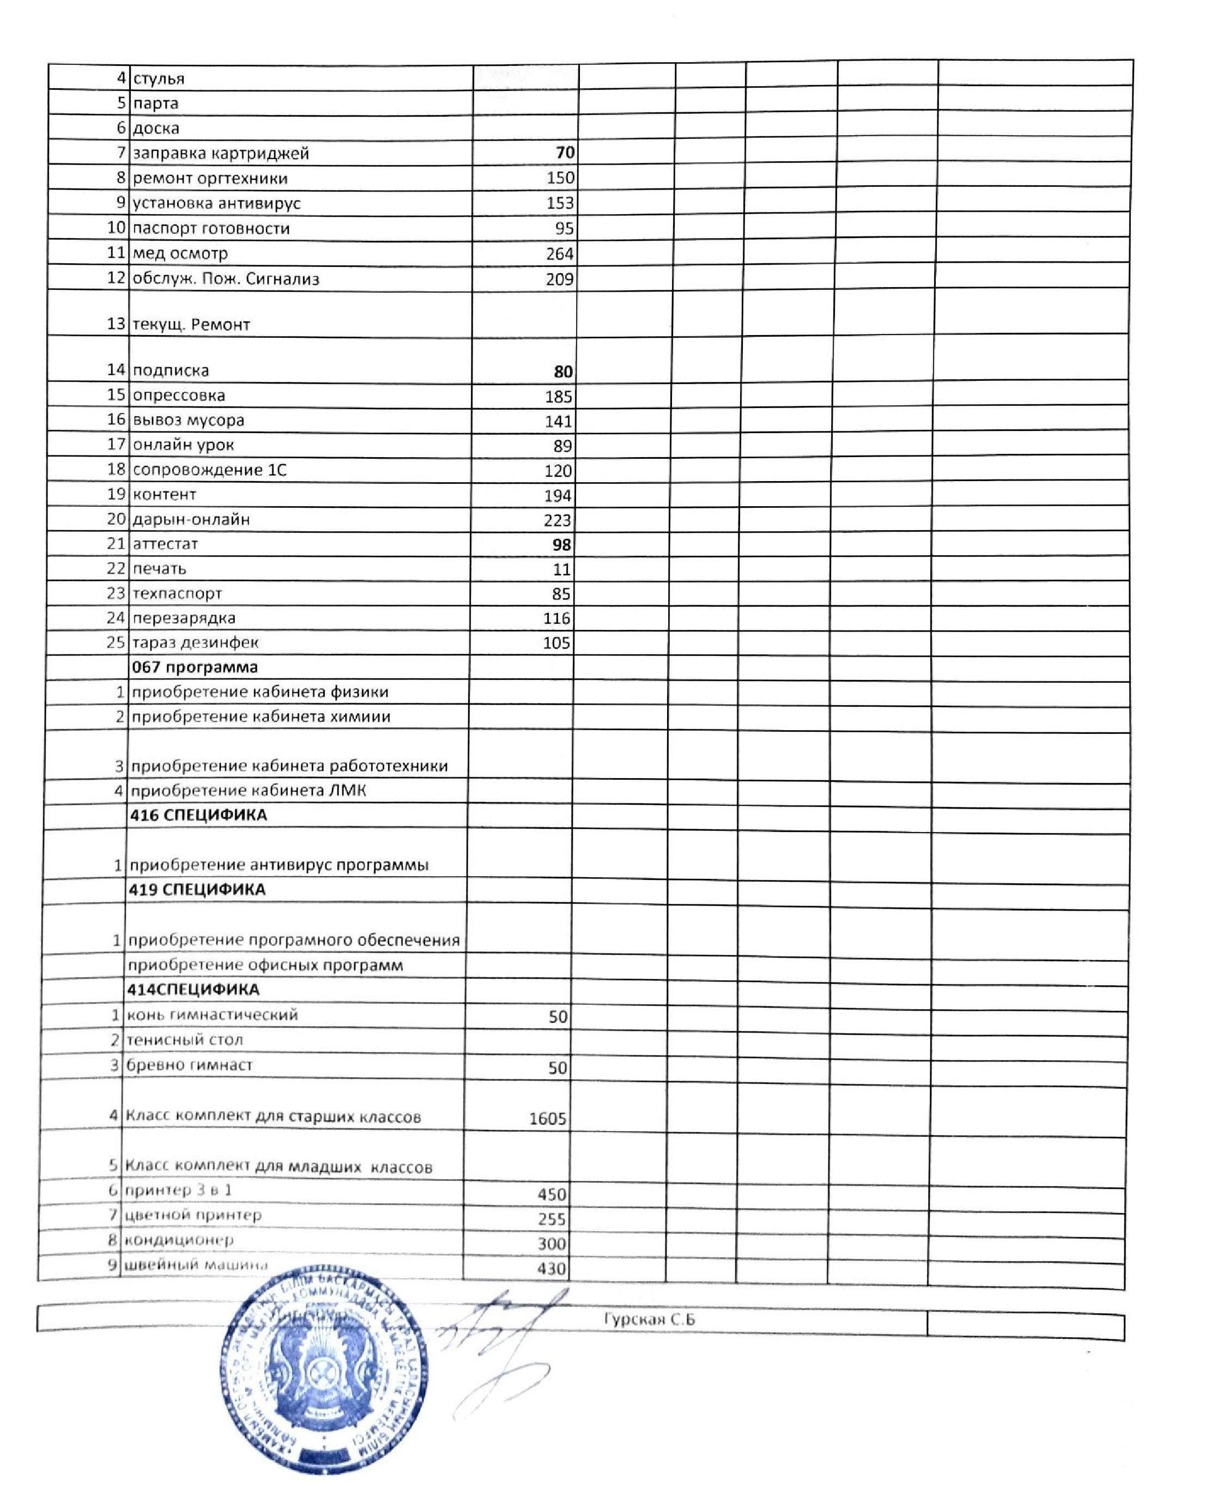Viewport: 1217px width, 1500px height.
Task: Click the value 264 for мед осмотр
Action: [559, 254]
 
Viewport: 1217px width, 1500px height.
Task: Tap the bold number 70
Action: [564, 153]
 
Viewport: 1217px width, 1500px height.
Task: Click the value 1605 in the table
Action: [548, 1119]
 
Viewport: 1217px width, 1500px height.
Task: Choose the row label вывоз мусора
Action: [189, 421]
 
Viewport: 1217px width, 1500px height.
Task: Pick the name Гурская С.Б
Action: [649, 1319]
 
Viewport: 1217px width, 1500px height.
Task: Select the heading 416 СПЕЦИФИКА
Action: [198, 815]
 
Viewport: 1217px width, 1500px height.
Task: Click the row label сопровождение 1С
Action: [210, 470]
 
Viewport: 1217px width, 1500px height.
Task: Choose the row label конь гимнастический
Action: [211, 1015]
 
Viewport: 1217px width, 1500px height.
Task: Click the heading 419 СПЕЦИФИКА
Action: [197, 890]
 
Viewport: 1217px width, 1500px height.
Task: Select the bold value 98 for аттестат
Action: [561, 545]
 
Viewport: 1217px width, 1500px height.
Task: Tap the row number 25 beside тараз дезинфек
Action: [116, 642]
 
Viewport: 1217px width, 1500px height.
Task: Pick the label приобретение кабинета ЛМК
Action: [249, 791]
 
